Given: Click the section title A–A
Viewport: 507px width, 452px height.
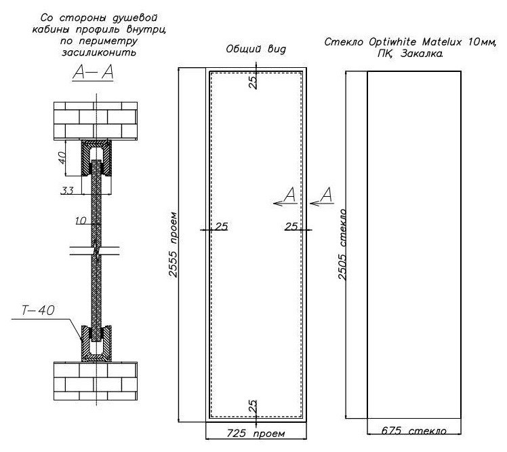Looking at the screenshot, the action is point(93,72).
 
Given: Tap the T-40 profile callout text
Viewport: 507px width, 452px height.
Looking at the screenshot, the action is point(38,311).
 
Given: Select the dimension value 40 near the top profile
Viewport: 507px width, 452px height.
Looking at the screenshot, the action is point(62,157).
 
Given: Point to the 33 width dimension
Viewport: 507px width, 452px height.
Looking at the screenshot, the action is point(67,191).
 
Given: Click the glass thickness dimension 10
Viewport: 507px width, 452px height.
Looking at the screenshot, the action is point(81,221).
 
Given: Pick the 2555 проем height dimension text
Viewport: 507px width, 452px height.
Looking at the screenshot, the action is point(174,244).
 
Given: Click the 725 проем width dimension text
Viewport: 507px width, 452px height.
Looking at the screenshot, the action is point(256,433).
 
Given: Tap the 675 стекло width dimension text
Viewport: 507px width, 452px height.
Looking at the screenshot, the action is point(414,431).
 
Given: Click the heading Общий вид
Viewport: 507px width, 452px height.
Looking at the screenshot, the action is point(256,49).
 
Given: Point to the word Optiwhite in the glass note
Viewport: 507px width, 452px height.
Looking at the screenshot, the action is point(392,42).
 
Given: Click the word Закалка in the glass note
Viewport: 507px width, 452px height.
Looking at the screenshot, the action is point(422,54).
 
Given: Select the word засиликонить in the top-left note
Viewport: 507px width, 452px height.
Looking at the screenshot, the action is point(99,52).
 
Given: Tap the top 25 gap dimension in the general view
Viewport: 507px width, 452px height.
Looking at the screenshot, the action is point(254,81).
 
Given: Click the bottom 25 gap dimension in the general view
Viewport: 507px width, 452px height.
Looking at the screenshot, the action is point(254,407).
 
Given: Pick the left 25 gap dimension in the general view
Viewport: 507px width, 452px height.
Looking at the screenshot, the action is point(222,226).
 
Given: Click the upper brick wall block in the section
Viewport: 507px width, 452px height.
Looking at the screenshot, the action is point(96,121).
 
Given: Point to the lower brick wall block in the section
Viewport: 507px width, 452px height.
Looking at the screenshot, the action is point(96,381).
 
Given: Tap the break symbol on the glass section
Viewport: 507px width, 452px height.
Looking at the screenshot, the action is point(96,250).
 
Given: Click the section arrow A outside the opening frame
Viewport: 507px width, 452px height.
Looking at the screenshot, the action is point(322,197).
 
